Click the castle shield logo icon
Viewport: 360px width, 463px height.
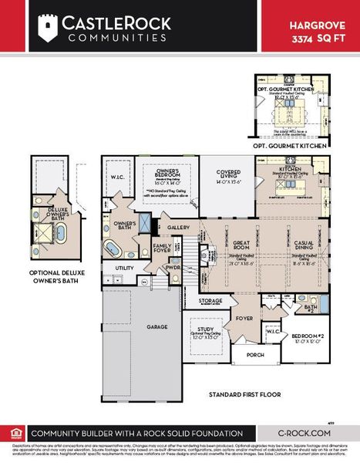[x=49, y=29]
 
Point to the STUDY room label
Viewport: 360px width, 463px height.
[x=202, y=329]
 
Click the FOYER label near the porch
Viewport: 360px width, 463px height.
[x=244, y=316]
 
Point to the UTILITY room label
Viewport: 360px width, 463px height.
[x=124, y=268]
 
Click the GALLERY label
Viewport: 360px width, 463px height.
[x=179, y=228]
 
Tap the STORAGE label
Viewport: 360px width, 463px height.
[x=210, y=300]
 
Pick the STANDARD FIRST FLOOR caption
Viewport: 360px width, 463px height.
[x=245, y=395]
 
